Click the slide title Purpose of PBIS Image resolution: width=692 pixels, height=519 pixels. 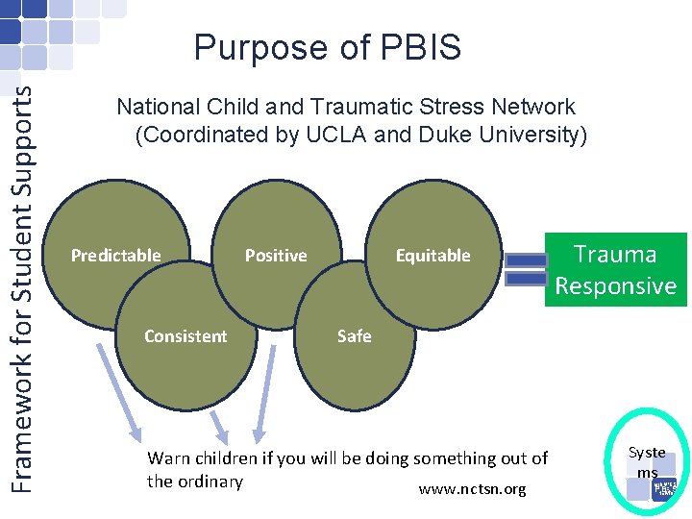click(327, 47)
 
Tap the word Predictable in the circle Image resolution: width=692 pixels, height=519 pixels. click(116, 256)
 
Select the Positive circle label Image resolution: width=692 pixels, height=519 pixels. click(276, 256)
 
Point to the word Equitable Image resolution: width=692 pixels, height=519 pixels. click(433, 256)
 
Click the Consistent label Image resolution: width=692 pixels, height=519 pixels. click(185, 336)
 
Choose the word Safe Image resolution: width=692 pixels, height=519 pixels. click(354, 336)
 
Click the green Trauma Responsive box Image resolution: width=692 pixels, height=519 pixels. click(615, 270)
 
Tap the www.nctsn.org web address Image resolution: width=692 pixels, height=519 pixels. click(472, 490)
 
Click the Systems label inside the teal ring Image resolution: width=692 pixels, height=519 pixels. click(647, 462)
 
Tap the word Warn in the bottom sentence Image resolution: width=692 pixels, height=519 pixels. click(167, 458)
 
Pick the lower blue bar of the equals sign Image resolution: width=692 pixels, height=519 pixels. click(526, 279)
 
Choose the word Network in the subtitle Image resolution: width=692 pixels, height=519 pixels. click(538, 107)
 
